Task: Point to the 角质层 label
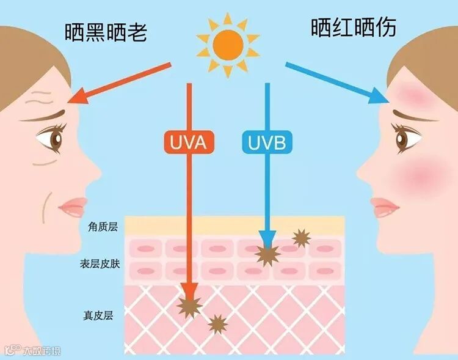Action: [103, 227]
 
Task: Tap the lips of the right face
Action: [384, 207]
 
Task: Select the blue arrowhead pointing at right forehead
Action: [380, 97]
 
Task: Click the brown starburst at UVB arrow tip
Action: [267, 253]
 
